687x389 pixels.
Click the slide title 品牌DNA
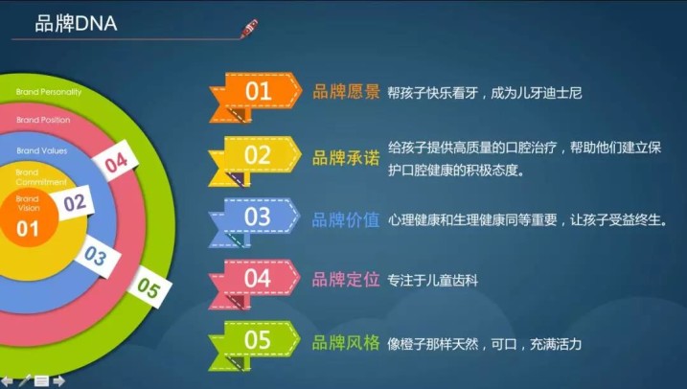76,24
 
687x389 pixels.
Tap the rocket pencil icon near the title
249,29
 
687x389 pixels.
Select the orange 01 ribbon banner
256,97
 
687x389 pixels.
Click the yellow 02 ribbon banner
255,161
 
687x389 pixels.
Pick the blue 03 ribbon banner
254,222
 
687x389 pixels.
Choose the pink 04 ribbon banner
254,285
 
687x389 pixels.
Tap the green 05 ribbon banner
254,346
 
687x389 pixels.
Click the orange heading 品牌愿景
346,92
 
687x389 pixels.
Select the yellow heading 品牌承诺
346,158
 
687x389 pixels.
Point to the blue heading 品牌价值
346,220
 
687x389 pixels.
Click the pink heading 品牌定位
346,280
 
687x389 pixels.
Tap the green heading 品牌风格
346,343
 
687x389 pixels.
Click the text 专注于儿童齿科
432,281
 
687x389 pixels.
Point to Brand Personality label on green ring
49,92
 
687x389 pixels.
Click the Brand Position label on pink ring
43,120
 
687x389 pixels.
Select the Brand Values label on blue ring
42,150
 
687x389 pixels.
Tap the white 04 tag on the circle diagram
116,163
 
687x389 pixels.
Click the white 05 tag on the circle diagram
149,287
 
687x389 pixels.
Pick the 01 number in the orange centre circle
27,229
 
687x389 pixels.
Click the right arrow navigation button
58,381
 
